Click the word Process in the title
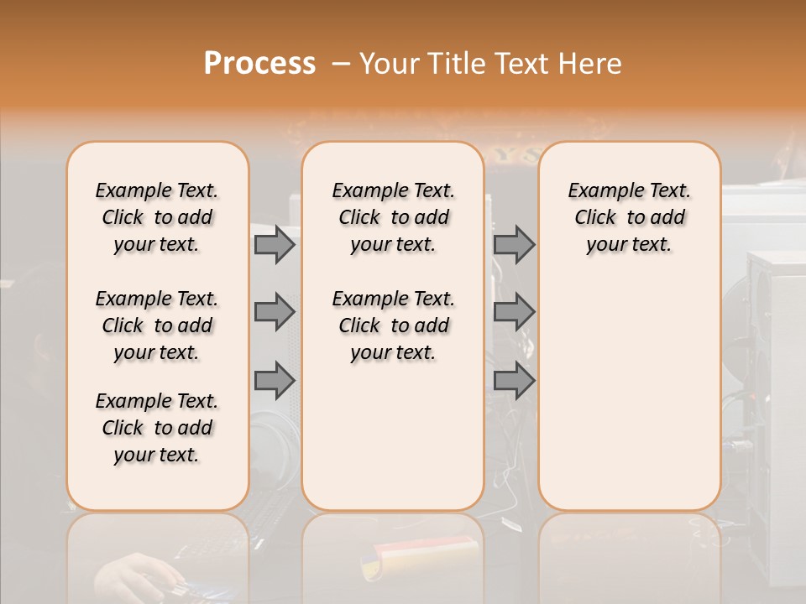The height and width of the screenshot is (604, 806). (259, 64)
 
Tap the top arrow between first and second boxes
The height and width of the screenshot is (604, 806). (275, 244)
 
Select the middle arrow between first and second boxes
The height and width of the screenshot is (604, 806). (275, 312)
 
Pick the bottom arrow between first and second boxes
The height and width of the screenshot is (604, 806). (275, 381)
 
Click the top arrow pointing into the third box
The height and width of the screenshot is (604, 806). (514, 244)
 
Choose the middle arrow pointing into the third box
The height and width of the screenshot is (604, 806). (514, 312)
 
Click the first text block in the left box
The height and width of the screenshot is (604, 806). (157, 217)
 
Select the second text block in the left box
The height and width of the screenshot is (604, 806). (157, 325)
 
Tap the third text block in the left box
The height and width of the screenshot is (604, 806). (157, 428)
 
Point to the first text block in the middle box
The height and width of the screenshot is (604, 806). (393, 217)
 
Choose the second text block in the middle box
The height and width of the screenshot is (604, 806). (393, 325)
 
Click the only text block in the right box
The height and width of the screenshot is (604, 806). (629, 217)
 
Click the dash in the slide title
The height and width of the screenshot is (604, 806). (340, 64)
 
